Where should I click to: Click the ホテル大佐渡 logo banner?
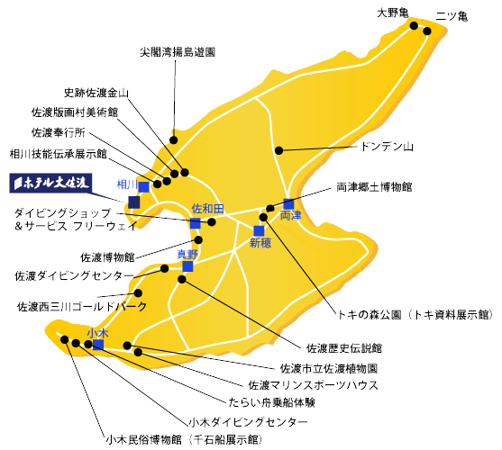click(50, 183)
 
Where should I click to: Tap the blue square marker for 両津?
click(288, 204)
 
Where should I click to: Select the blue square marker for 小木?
click(98, 345)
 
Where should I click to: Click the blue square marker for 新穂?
click(259, 230)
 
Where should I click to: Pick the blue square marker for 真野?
click(188, 266)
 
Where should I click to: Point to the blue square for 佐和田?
click(196, 223)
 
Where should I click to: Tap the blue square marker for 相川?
click(144, 187)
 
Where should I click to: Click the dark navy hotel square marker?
click(134, 202)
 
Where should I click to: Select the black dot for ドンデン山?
click(279, 150)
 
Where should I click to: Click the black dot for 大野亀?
click(414, 25)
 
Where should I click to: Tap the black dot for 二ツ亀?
click(427, 31)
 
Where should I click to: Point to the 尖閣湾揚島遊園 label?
click(178, 52)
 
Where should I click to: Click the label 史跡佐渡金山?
click(96, 93)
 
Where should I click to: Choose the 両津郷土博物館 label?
click(374, 187)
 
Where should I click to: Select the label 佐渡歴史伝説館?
click(344, 348)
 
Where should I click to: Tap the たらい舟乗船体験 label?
click(272, 402)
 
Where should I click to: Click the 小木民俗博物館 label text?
click(143, 440)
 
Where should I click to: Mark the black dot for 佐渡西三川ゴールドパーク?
click(138, 293)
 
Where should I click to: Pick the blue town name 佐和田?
click(208, 209)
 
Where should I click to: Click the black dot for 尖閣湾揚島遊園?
click(174, 140)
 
